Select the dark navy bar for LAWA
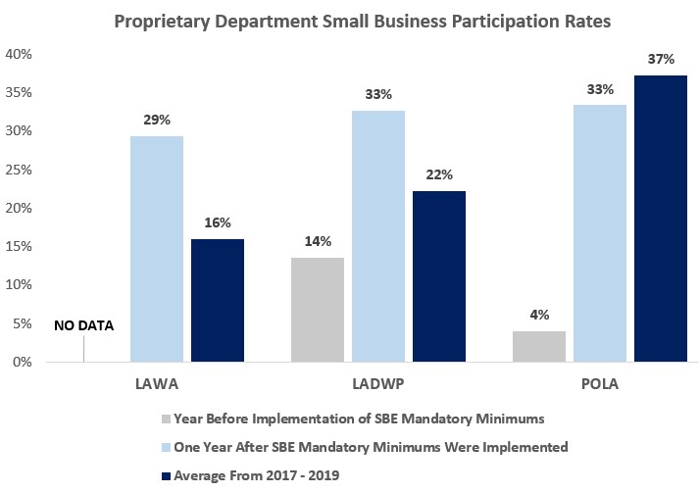[x=217, y=300]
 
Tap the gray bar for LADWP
[x=318, y=310]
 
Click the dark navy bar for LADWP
[x=438, y=276]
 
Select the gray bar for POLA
[x=539, y=346]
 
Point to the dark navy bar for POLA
[x=661, y=219]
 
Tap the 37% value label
[x=661, y=59]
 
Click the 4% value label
[x=539, y=316]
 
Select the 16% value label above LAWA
[x=217, y=222]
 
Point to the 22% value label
[x=438, y=175]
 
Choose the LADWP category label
[x=378, y=384]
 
